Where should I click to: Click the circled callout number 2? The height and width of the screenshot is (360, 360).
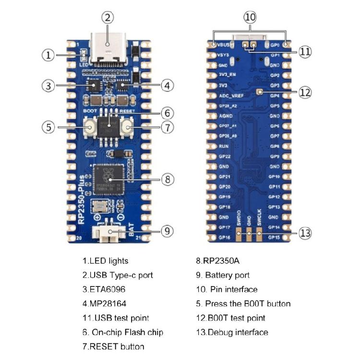coord(108,18)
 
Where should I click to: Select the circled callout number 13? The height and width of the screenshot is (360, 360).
coord(305,233)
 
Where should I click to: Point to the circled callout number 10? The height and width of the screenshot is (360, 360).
coord(250,18)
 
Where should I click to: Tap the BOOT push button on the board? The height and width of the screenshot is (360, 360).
coord(90,127)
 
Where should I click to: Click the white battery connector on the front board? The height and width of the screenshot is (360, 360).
coord(109,233)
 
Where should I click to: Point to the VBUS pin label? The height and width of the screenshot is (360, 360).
coord(224,45)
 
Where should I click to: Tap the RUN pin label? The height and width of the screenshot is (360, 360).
coord(224,146)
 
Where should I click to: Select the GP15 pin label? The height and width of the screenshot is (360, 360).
coord(275,237)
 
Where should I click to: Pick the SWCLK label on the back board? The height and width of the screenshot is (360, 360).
coord(260,216)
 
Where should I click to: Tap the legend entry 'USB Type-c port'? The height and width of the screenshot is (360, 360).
coord(118,276)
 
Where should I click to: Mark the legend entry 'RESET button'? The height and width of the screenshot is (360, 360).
coord(113,347)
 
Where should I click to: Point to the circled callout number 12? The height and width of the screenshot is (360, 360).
coord(305,92)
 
